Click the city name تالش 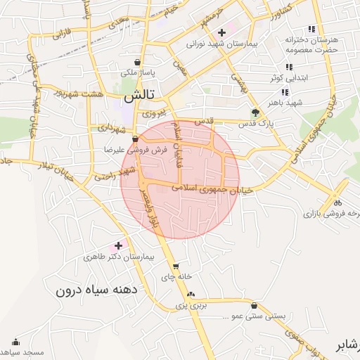coord(139,96)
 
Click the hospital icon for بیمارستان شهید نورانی coord(222,32)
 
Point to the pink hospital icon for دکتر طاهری coord(117,246)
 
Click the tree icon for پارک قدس coord(255,112)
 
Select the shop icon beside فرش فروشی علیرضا coord(135,139)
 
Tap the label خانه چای coord(176,278)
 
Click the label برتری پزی coord(189,307)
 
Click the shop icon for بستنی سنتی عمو coord(253,305)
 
